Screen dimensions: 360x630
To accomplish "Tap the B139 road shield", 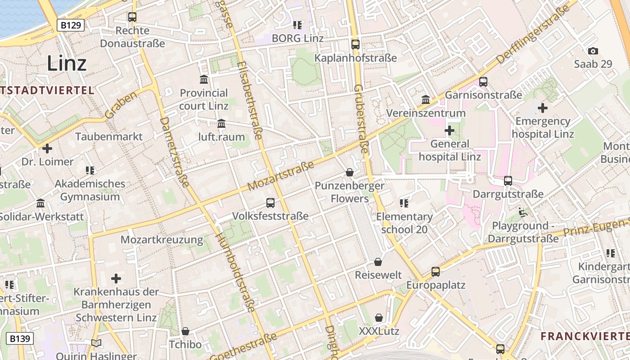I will tap(20, 338).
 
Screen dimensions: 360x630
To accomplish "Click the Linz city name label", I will tap(67, 63).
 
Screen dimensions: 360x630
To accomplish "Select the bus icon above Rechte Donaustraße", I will tap(132, 17).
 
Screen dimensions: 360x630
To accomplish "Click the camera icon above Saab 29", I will tap(593, 51).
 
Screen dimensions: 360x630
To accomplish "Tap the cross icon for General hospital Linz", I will tap(449, 130).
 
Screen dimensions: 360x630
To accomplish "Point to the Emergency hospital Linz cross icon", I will tap(543, 108).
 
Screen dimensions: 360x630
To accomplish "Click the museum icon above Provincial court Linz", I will tap(204, 80).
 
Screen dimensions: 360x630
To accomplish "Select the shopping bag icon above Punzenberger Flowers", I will tap(349, 172).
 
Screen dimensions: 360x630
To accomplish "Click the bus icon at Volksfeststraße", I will tap(270, 202).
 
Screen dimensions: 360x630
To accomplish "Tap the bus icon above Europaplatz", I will tap(435, 272).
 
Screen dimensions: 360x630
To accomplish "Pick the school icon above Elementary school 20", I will tap(404, 203).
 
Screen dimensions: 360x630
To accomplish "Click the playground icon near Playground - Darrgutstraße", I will tap(523, 212).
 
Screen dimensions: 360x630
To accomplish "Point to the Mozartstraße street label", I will tap(281, 176).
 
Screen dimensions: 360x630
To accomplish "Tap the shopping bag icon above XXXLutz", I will tap(379, 318).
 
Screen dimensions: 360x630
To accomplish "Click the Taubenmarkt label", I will tap(109, 136).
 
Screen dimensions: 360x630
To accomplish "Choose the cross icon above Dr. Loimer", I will tap(47, 148).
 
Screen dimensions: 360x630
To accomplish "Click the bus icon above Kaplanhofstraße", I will tap(355, 44).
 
